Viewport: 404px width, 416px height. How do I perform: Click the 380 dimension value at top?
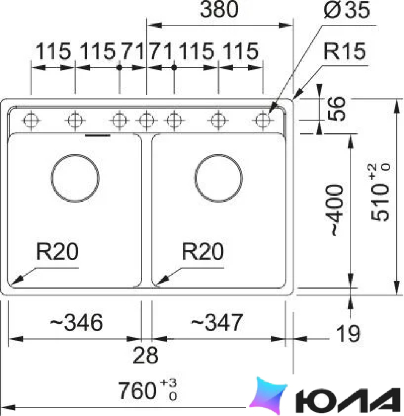pos(219,9)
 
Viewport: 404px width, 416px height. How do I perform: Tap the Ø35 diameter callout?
pos(347,10)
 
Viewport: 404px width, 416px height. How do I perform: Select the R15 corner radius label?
pos(344,51)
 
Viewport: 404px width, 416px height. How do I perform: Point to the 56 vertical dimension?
pos(336,109)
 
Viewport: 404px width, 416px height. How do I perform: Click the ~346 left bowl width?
pos(76,322)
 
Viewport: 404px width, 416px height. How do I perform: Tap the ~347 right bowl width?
pos(217,322)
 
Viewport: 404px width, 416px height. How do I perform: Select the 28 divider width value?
pos(146,355)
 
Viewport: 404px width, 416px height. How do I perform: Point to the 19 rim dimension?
pos(348,334)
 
